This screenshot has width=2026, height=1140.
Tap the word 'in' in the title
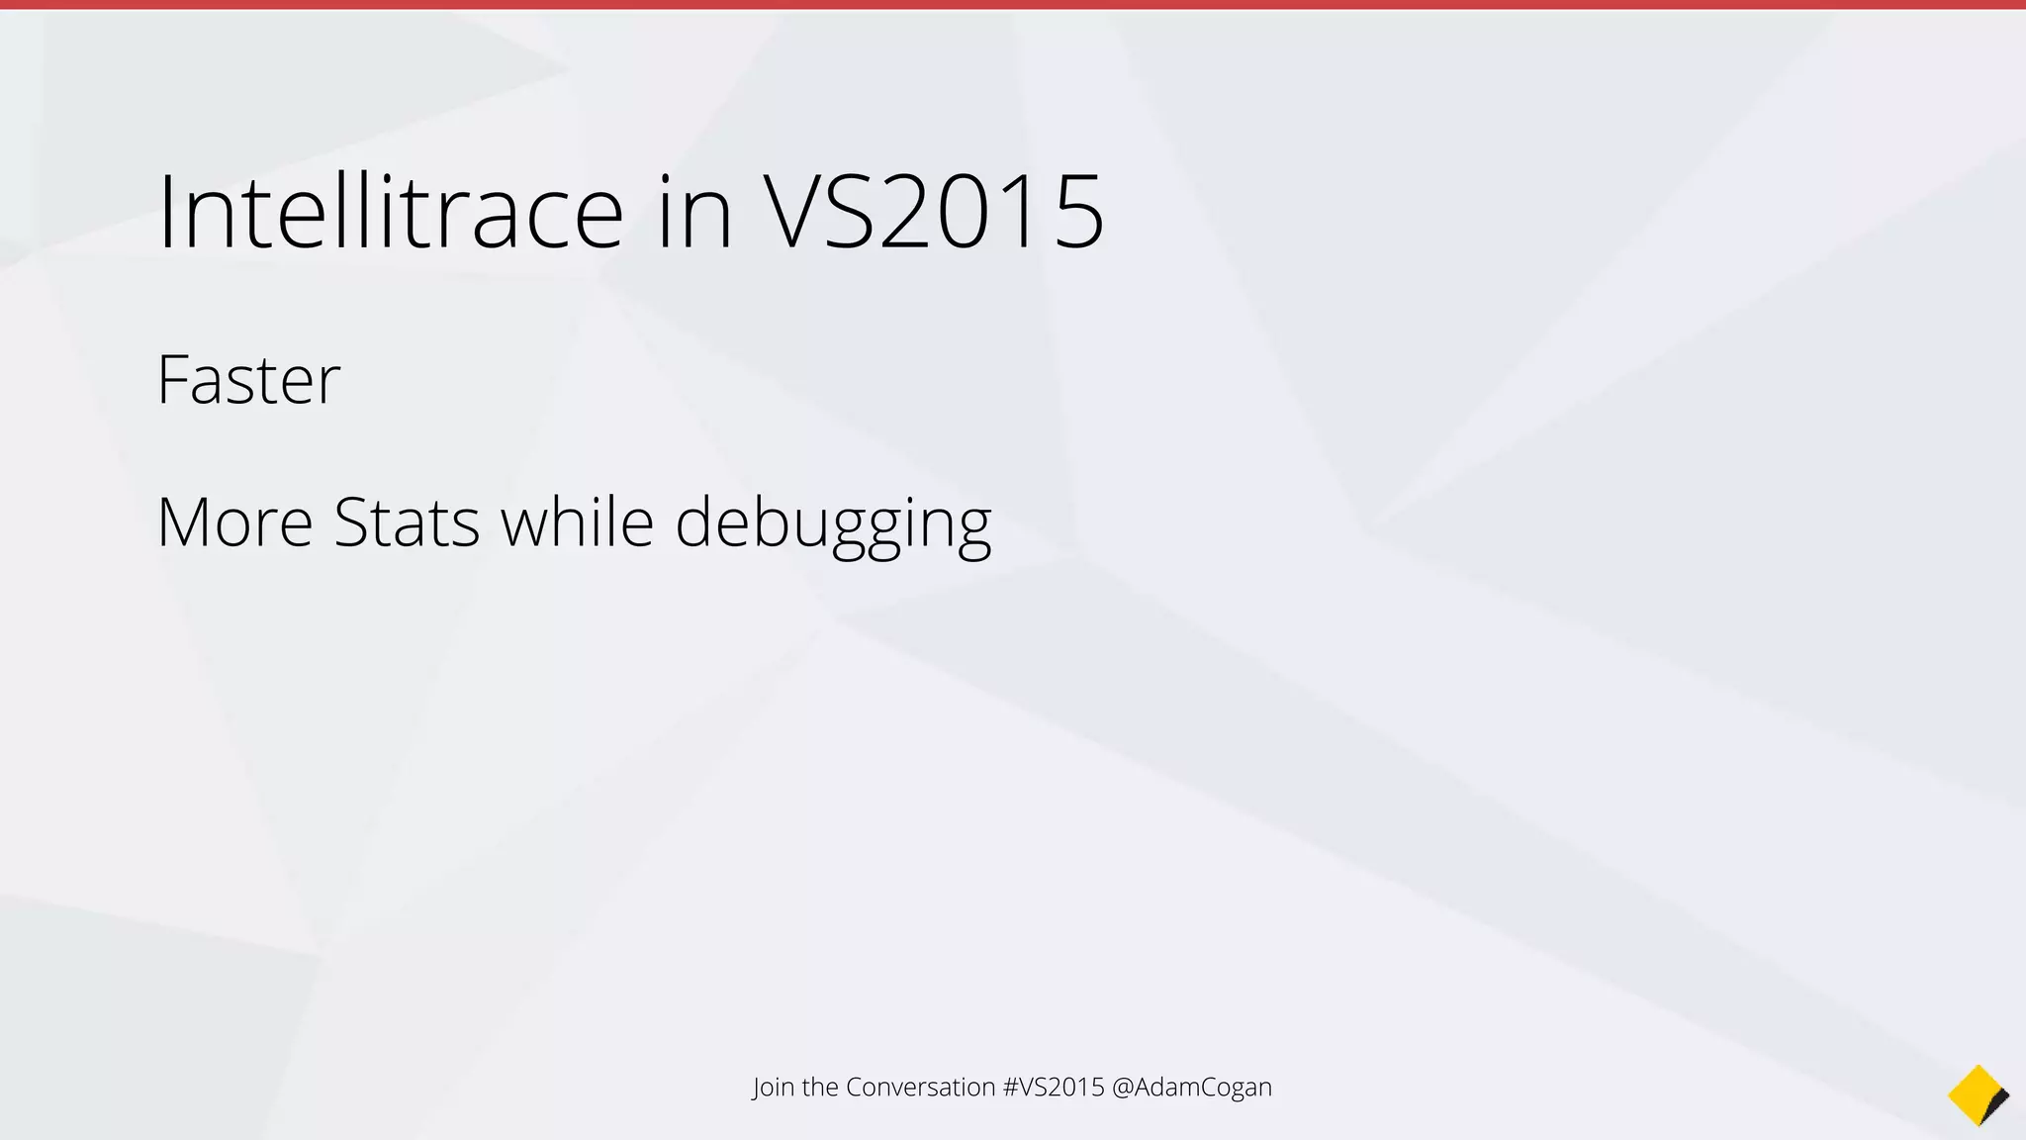pos(694,212)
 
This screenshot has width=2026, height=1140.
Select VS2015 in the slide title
pos(933,212)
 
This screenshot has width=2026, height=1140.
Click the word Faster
pos(248,380)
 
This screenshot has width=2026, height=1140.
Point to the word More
pos(234,522)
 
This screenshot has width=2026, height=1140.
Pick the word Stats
pos(407,522)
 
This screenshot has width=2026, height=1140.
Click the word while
pos(577,522)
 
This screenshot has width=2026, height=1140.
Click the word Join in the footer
pos(773,1088)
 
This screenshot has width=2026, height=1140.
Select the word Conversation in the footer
pos(920,1087)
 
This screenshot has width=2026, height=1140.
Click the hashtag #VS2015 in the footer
pos(1054,1087)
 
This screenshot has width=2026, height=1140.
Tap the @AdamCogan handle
pos(1192,1087)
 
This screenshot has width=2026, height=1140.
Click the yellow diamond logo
pos(1975,1093)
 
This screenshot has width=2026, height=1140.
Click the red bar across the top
pos(1013,5)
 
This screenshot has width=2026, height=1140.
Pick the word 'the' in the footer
pos(820,1087)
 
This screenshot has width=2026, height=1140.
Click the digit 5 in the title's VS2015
pos(1078,212)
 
